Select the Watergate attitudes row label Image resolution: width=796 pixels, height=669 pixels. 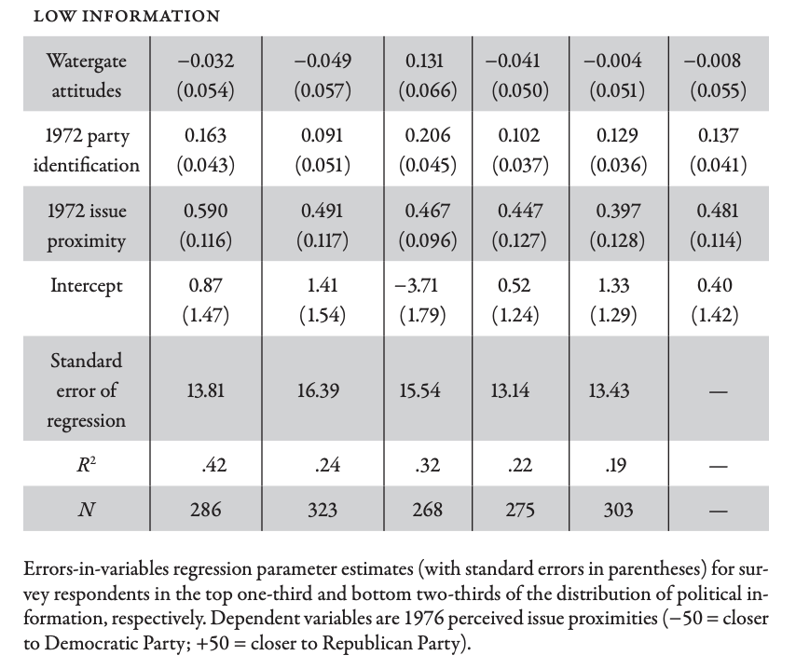click(86, 76)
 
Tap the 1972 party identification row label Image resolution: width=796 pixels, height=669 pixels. click(86, 150)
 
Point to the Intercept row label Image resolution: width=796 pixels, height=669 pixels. click(86, 285)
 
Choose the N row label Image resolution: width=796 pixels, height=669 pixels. click(86, 510)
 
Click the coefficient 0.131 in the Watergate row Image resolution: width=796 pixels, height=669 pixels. click(425, 61)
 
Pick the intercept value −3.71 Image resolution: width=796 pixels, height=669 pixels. click(425, 285)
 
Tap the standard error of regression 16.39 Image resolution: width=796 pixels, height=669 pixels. click(319, 389)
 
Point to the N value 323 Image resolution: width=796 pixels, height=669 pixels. click(319, 510)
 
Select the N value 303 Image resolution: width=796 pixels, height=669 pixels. click(611, 510)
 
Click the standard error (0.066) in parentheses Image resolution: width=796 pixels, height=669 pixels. click(425, 91)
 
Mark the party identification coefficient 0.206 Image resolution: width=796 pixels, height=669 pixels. click(425, 135)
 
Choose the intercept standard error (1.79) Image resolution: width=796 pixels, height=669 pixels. click(425, 315)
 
